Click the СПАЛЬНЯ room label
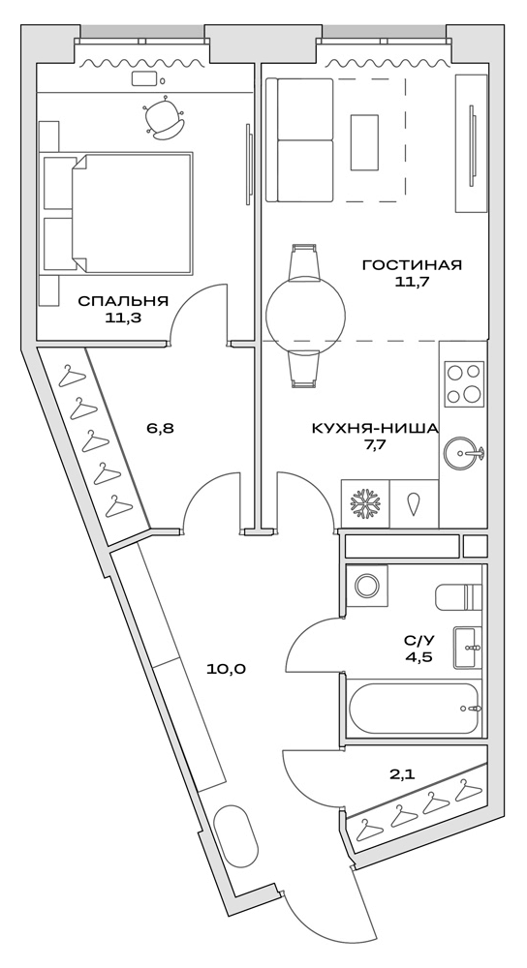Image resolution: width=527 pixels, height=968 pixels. [123, 300]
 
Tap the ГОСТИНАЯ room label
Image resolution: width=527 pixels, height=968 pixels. [411, 264]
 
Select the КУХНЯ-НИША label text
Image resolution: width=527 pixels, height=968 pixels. [374, 428]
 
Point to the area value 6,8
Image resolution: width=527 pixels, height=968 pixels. [160, 426]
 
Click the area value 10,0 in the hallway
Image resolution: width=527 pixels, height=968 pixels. [226, 668]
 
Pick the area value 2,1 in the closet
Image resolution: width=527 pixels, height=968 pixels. [402, 774]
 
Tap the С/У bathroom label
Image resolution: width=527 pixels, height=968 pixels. [418, 640]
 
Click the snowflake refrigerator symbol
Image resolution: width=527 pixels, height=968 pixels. [365, 504]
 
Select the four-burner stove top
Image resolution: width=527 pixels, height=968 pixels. [464, 383]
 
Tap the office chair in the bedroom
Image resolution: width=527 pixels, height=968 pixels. [164, 118]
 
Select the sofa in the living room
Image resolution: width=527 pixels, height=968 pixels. [299, 140]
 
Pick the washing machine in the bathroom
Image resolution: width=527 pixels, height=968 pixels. [367, 586]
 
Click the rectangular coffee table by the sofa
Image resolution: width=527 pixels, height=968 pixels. [364, 142]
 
